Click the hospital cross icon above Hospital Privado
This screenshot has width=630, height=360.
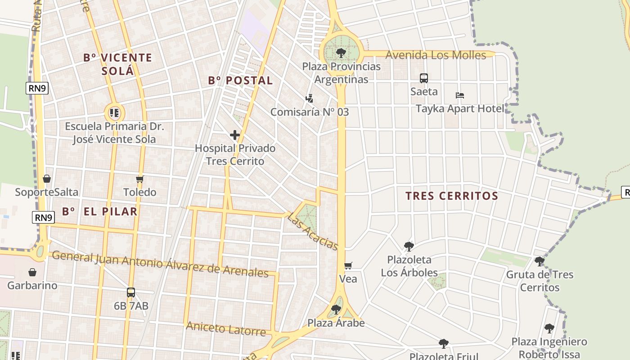point(234,135)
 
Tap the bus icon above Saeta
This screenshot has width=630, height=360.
point(424,78)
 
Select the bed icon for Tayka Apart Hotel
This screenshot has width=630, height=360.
point(459,95)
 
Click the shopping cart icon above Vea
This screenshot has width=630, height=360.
point(348,265)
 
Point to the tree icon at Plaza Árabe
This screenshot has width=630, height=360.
point(336,310)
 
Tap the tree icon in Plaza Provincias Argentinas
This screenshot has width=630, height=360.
point(341,53)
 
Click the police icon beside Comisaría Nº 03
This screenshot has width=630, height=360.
point(309,98)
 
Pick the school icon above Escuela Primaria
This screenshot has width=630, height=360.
point(114,112)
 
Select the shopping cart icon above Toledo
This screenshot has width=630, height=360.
point(140,179)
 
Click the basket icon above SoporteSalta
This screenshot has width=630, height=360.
point(47,179)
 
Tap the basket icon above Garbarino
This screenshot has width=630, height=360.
point(32,272)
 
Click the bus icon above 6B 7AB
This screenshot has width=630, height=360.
point(131,292)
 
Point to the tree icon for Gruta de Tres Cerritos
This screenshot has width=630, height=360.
point(539,261)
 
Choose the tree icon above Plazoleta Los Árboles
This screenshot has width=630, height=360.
point(409,246)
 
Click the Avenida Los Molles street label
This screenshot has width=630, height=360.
point(436,55)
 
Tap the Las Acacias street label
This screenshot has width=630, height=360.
point(313,232)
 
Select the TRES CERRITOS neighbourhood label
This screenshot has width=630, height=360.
point(452,196)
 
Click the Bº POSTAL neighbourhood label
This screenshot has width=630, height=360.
point(240,81)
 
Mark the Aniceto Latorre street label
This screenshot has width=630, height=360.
point(226,329)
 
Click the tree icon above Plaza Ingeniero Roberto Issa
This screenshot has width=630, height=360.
point(549,328)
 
